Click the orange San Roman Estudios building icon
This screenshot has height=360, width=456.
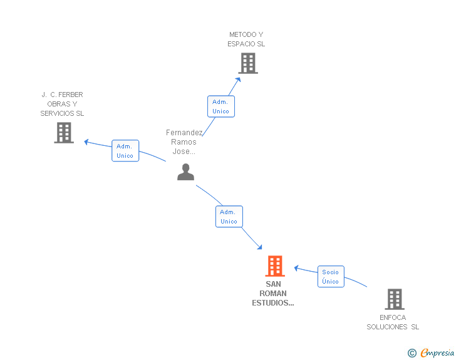[x=275, y=266]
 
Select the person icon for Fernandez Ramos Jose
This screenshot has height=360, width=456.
[x=185, y=172]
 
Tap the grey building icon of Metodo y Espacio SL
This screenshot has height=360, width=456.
[x=248, y=63]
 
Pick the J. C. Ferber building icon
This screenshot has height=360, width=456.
[x=64, y=133]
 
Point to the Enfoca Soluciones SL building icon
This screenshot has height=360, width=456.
[x=395, y=299]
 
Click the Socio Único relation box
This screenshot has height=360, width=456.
[x=331, y=277]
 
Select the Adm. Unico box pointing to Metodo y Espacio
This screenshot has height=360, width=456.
[x=221, y=106]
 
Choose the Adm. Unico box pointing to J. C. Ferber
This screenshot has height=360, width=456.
[x=125, y=151]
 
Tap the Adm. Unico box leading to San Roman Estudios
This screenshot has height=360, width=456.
[x=229, y=217]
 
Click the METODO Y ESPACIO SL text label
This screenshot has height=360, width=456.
[x=246, y=39]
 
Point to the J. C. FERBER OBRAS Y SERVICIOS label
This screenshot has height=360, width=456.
[x=62, y=104]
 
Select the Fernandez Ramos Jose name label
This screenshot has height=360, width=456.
[x=184, y=142]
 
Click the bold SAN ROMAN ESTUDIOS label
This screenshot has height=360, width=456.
[x=273, y=294]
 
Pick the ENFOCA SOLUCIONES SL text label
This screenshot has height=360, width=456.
[x=393, y=322]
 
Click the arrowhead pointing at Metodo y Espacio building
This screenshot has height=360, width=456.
[x=238, y=80]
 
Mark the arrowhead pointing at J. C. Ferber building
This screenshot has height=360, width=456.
[x=86, y=142]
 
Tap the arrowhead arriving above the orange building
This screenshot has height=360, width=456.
[x=259, y=247]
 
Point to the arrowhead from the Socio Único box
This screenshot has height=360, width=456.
[x=296, y=268]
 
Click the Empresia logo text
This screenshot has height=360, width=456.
[x=437, y=352]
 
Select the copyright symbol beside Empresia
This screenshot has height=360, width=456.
[x=412, y=353]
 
